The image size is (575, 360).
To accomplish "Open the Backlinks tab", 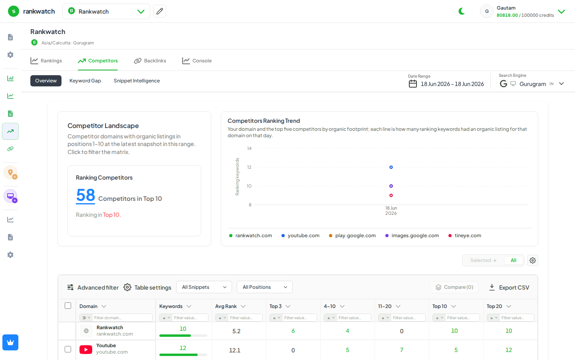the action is (150, 61).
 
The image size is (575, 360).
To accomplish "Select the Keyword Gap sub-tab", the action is (85, 81).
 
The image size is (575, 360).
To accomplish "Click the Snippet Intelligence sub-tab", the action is (137, 81).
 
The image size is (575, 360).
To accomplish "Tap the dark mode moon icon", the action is (462, 11).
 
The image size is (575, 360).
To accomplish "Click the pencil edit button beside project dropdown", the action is (160, 11).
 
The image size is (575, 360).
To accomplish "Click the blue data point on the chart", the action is (391, 167).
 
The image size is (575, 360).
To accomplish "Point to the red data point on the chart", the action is (391, 196).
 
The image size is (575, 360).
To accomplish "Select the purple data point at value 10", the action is (391, 186).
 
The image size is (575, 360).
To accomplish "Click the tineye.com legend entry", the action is (465, 236).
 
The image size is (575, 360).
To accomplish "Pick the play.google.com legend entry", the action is (352, 236).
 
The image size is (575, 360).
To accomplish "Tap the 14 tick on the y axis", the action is (249, 148).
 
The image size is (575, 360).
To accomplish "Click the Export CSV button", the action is (509, 288).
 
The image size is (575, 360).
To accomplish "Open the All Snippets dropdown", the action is (204, 287).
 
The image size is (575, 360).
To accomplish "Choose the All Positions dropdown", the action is (265, 287).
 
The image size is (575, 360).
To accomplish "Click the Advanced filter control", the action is (93, 288).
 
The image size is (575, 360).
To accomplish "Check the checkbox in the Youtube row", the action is (68, 349).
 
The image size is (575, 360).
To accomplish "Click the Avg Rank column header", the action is (226, 306).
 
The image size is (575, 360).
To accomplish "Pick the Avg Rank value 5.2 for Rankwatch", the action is (236, 331).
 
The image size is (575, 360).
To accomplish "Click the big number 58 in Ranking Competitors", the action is (85, 195).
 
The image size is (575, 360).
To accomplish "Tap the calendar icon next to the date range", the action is (413, 84).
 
